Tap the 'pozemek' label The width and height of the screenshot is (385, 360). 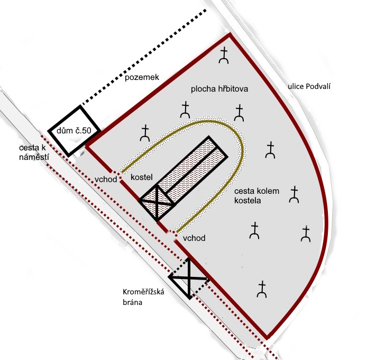coord(142,78)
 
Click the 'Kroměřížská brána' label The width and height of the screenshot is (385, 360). coord(142,298)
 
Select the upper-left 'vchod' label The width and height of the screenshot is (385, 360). coord(106,179)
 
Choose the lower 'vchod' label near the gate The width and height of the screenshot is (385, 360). coord(194,238)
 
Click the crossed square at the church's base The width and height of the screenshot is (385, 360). coord(157,201)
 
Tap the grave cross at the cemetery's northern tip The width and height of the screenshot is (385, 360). coord(225,56)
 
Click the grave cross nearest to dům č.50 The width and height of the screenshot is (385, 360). coord(144,133)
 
